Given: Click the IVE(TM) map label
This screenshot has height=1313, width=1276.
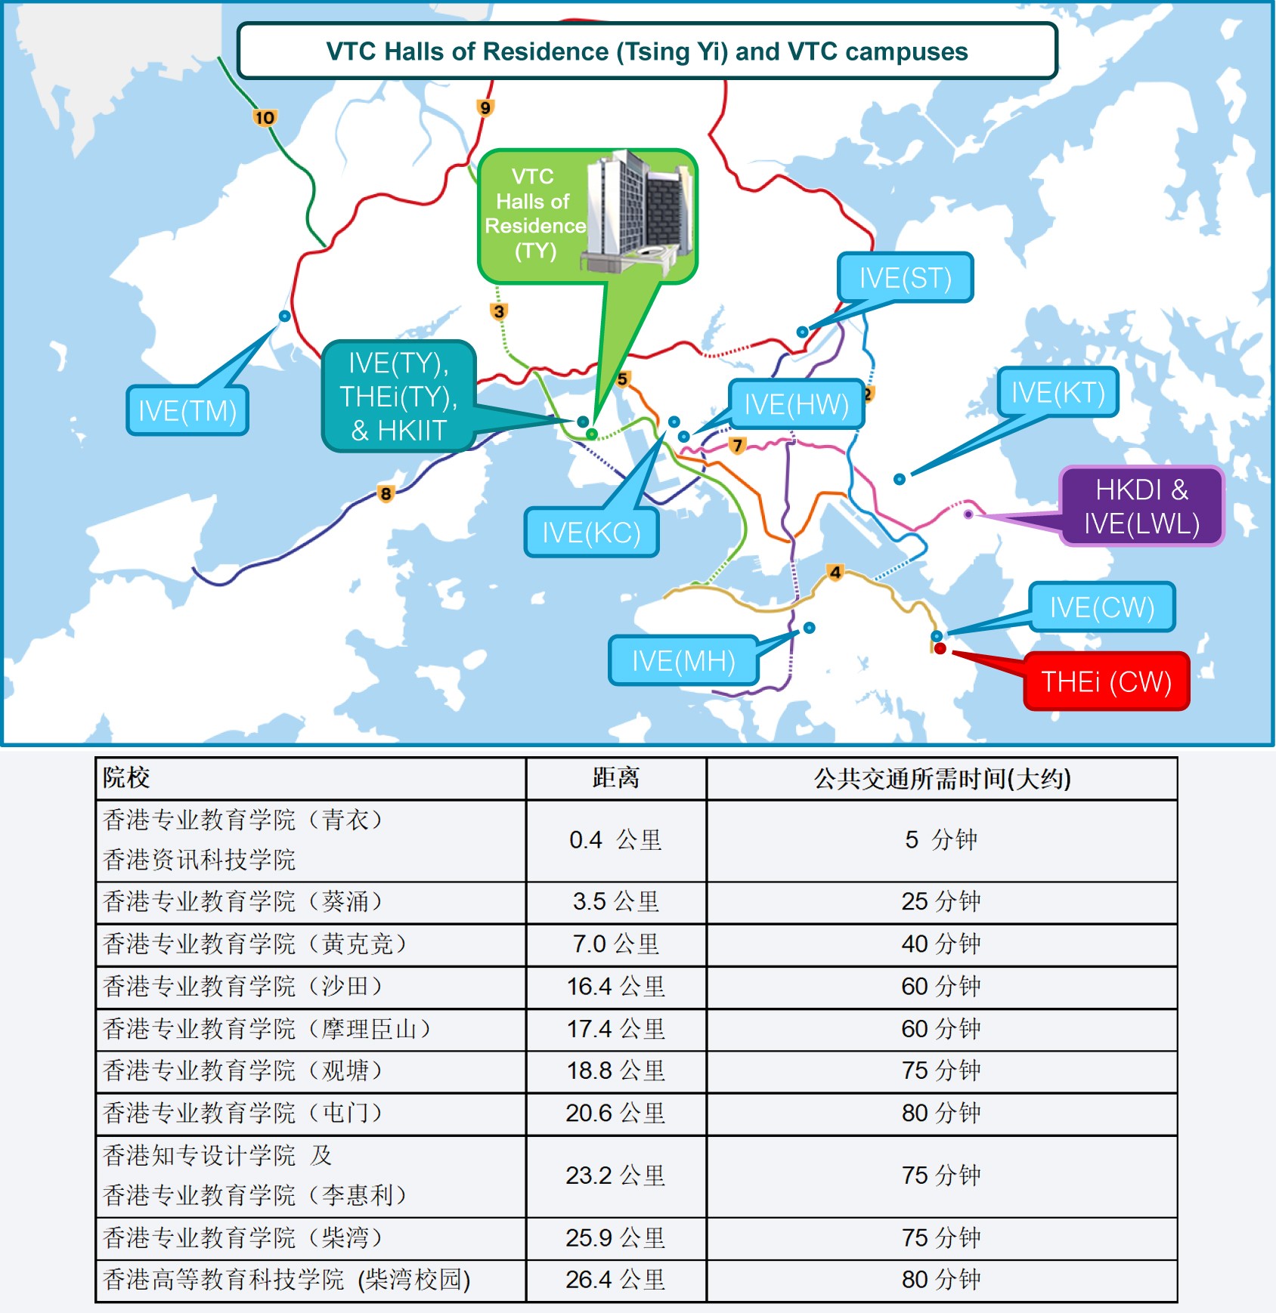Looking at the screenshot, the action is [x=187, y=410].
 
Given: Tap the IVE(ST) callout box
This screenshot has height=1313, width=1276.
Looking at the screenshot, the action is [x=905, y=277].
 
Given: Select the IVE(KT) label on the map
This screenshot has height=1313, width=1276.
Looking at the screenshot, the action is [x=1058, y=392].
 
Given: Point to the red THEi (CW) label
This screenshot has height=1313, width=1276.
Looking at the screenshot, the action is [x=1106, y=681].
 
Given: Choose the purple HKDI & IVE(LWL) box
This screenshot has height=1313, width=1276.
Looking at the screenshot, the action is [x=1141, y=506].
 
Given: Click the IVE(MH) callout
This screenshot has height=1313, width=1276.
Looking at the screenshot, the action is [x=683, y=660].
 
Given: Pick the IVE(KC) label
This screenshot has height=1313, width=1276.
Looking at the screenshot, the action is [x=591, y=533].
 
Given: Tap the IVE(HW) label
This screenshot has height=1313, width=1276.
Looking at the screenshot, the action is [x=797, y=404].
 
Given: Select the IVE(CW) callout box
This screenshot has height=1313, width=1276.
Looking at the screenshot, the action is [x=1102, y=607].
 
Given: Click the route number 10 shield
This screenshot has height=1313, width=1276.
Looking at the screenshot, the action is [x=265, y=117].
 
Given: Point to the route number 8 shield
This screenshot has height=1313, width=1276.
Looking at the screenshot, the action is [x=386, y=494].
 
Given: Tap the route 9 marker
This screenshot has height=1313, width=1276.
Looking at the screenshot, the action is [x=485, y=107].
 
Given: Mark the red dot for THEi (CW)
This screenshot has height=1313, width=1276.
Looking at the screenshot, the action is [x=940, y=648].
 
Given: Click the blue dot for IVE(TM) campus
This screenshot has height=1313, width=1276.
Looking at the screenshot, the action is [x=284, y=316].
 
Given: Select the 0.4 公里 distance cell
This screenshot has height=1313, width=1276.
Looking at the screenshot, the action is [x=615, y=840].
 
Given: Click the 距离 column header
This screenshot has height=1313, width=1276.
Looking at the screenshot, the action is [x=615, y=778].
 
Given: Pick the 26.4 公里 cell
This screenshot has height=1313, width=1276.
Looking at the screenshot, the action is [x=615, y=1280].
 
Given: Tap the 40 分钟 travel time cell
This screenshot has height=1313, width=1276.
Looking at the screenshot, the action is [x=941, y=944].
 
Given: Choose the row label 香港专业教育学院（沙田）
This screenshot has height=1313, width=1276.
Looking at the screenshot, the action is [x=243, y=987].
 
